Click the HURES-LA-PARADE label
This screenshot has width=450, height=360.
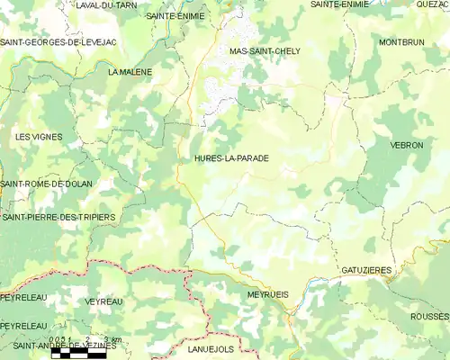tap(231, 157)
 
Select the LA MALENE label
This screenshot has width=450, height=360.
tap(130, 71)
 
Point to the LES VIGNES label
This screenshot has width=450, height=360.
tap(39, 136)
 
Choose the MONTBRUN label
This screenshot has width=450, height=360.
tap(401, 42)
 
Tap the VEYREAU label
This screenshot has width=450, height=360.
tap(103, 301)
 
